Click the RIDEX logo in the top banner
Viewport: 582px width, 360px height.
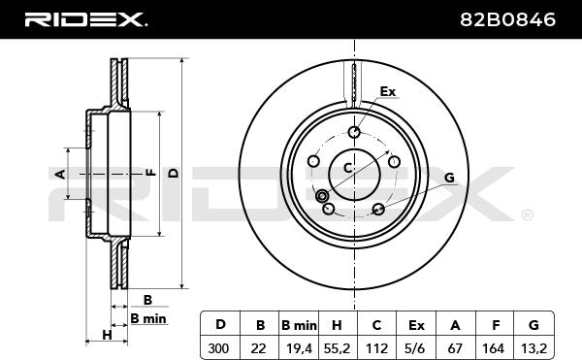point(85,19)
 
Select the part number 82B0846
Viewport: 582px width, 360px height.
point(507,19)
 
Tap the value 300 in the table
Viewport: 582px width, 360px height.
point(218,348)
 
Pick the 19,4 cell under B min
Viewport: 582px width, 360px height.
point(299,349)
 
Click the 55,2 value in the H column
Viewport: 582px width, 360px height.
point(337,349)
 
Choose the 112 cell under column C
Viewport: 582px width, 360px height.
point(376,348)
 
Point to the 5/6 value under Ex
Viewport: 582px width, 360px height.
point(416,348)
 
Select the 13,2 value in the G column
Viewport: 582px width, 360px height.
point(533,349)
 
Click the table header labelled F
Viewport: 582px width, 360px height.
point(496,325)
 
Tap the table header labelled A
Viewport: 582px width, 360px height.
point(455,325)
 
